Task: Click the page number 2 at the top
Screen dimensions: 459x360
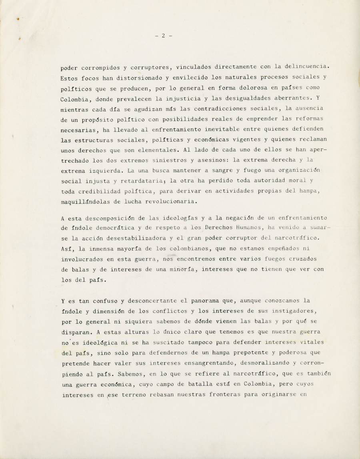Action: (164, 36)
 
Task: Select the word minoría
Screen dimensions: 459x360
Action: (182, 270)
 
